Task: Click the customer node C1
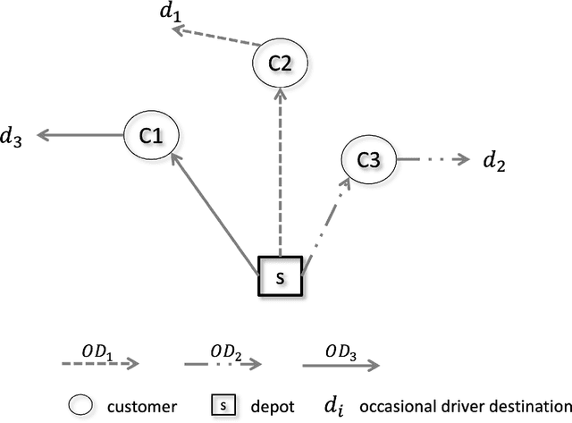click(x=151, y=136)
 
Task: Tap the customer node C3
click(x=368, y=160)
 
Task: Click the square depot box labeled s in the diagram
click(x=281, y=277)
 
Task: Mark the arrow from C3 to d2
click(x=433, y=160)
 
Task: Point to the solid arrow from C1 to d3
click(x=80, y=136)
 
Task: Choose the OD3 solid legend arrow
click(x=341, y=363)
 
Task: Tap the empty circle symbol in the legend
click(x=82, y=405)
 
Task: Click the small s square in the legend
click(x=221, y=405)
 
